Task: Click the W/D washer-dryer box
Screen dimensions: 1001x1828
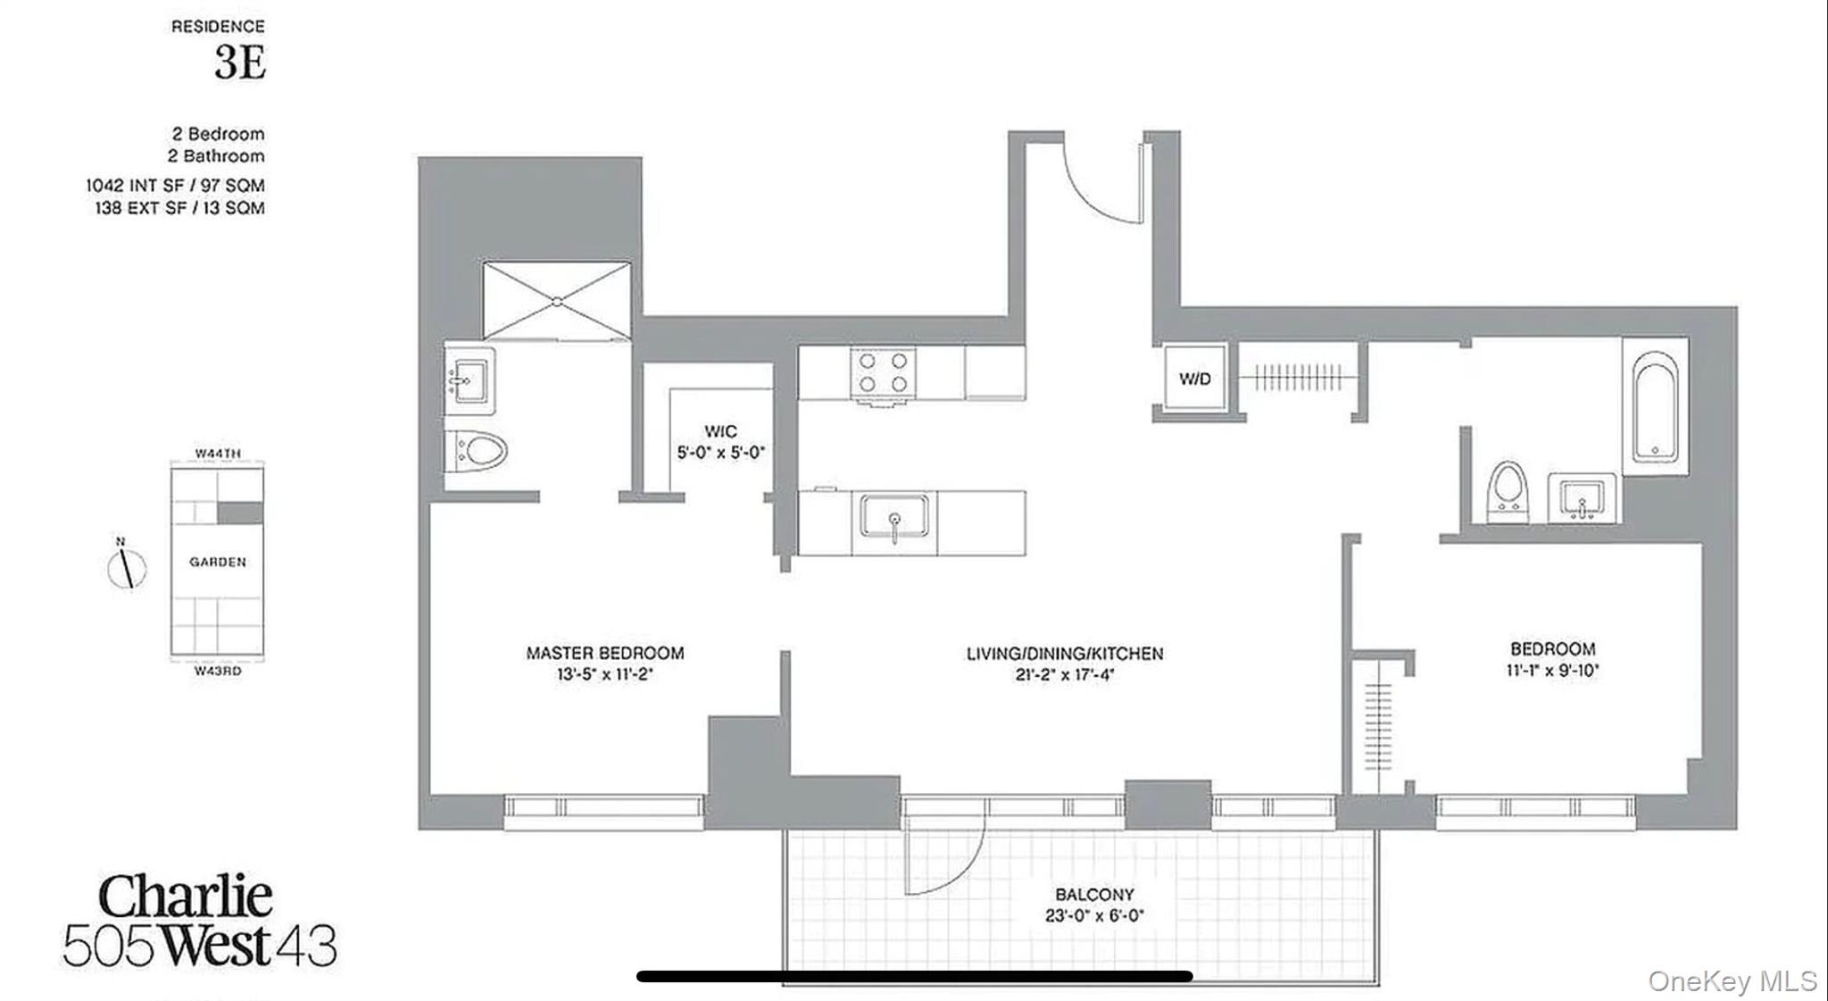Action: [1194, 379]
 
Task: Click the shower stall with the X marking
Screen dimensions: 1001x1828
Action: [557, 300]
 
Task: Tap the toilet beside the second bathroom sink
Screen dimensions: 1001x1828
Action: [1508, 490]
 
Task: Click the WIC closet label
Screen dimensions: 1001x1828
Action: [719, 432]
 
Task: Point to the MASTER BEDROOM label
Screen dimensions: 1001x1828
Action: [605, 653]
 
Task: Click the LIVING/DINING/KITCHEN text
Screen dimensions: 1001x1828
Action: [1065, 654]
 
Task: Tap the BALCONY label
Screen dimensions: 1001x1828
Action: [1094, 895]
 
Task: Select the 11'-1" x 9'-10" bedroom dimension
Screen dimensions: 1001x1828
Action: [1553, 670]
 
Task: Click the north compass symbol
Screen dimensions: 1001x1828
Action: [127, 569]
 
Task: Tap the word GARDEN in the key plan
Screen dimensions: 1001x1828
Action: [218, 563]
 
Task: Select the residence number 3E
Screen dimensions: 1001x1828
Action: [240, 63]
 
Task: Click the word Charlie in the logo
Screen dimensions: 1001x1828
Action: [186, 897]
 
